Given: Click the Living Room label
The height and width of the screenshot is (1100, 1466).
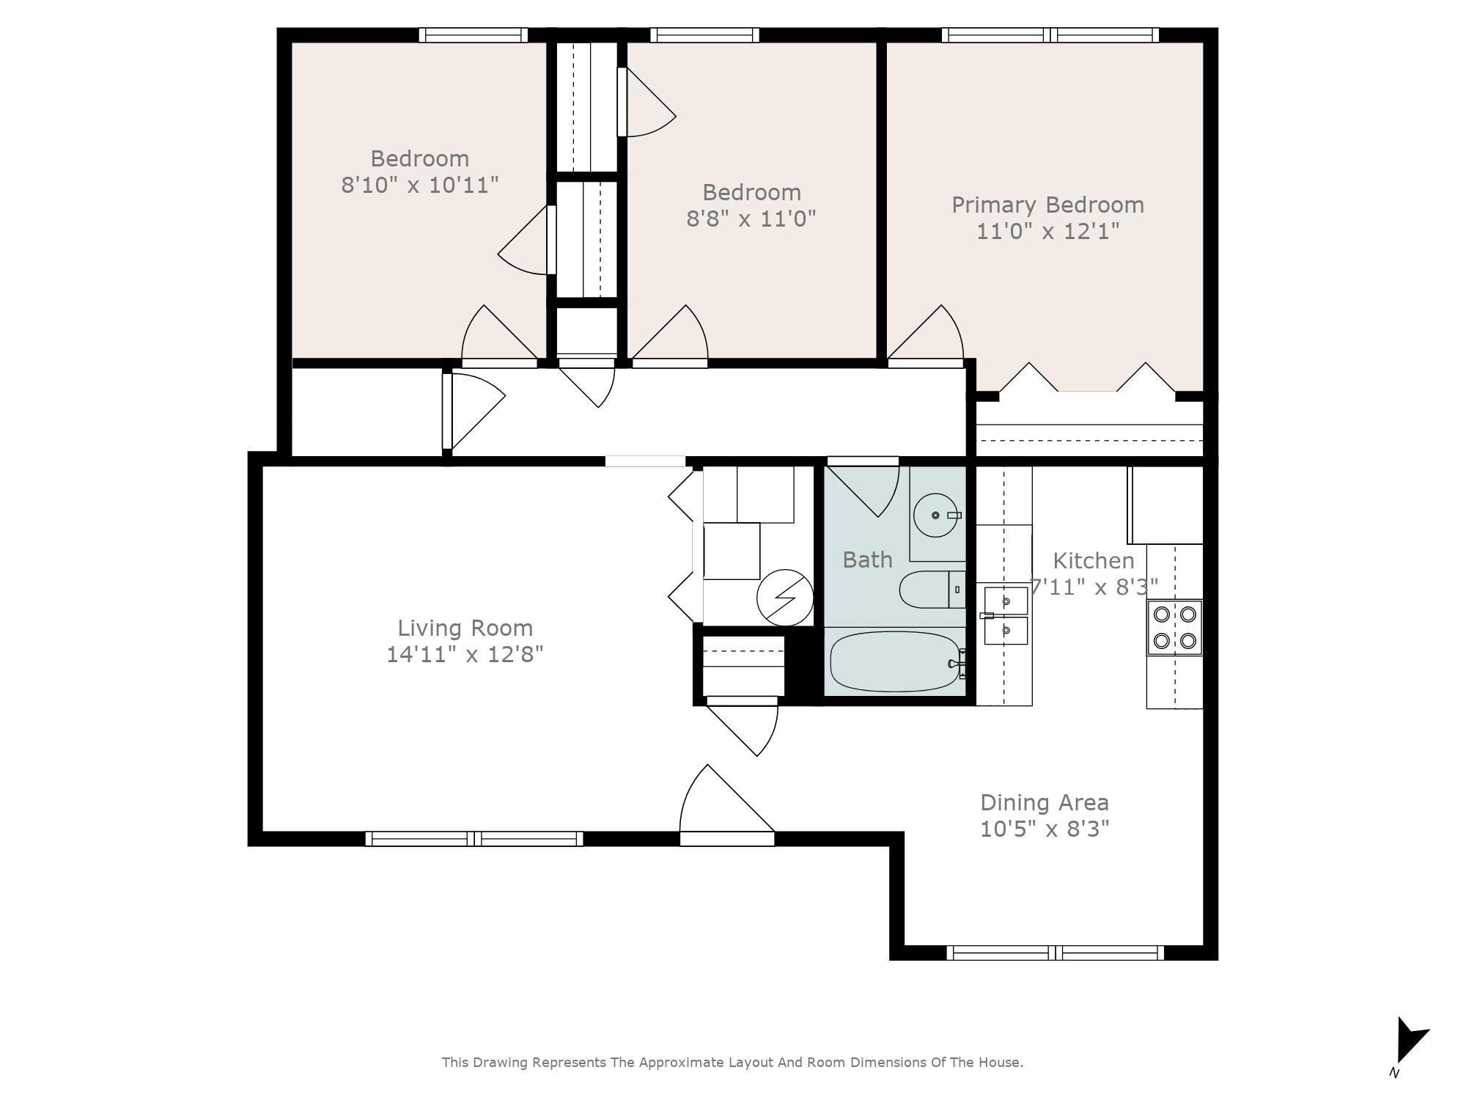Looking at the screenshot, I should coord(465,628).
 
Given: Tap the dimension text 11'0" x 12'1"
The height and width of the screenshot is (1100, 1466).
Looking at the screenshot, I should coord(1047,232).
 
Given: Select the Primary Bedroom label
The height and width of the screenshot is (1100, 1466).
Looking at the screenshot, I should coord(1047,205).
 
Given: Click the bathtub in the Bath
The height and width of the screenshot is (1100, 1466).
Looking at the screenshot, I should coord(894,661).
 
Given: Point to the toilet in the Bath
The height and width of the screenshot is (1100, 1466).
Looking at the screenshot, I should coord(927,590).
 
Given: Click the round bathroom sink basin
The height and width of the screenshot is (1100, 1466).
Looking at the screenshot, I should coord(936,516).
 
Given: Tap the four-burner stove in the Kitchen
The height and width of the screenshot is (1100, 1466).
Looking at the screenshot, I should coord(1174,627).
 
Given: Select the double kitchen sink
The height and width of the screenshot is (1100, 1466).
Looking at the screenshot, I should coord(1005,615).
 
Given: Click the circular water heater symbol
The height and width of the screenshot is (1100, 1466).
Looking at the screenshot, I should coord(785,598).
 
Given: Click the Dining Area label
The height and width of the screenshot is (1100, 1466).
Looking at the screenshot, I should coord(1044,802).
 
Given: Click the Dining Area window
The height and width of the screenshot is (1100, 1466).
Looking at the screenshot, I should coord(1055,953).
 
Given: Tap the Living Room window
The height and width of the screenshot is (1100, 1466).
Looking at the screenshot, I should coord(474,838).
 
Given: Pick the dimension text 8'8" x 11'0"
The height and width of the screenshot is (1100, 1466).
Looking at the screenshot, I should coord(751,219).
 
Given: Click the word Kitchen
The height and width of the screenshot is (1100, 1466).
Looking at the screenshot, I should coord(1093,561).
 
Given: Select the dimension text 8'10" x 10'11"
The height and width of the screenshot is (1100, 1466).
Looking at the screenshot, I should coord(420,185).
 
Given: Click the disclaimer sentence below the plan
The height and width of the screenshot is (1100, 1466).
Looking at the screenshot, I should coord(732,1062).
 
